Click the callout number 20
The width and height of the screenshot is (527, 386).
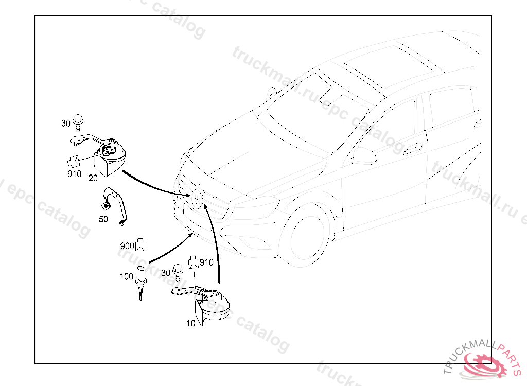pos(93,178)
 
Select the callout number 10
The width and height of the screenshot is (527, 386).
pos(191,323)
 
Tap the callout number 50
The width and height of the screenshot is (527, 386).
pos(103,219)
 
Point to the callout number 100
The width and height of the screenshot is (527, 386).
pos(127,276)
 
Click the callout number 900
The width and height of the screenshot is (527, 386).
pos(127,246)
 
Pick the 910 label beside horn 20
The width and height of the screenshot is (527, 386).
pos(74,173)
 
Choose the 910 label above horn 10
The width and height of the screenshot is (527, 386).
pos(206,262)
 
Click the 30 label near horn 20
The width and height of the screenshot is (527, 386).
pos(66,124)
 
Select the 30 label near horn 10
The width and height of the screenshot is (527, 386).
pos(166,273)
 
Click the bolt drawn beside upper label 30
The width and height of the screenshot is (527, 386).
pos(78,122)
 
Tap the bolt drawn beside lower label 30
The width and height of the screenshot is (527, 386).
pos(178,272)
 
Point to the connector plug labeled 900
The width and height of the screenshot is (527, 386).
pos(140,245)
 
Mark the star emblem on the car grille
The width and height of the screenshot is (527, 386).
pos(198,197)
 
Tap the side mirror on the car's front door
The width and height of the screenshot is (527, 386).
pos(364,156)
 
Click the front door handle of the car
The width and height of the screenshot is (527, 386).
pos(413,149)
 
